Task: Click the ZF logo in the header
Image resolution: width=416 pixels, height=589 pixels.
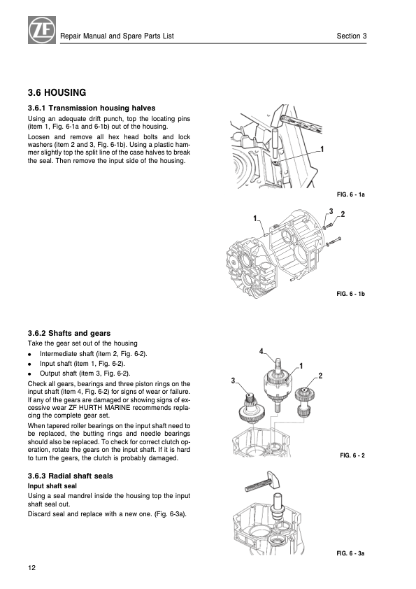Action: (42, 30)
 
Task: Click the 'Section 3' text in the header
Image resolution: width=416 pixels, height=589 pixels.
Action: (352, 36)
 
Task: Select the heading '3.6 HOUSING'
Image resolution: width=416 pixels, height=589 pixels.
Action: (57, 92)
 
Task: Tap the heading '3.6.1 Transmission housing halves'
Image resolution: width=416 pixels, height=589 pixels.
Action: (92, 108)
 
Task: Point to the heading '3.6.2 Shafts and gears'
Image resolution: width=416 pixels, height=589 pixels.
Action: (69, 333)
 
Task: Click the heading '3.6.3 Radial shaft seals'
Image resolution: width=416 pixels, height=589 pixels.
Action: (70, 476)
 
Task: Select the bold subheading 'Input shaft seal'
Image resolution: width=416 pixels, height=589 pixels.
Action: (52, 486)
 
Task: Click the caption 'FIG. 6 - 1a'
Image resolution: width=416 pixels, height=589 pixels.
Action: (351, 194)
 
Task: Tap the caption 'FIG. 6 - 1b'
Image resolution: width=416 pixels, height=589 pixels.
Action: (351, 294)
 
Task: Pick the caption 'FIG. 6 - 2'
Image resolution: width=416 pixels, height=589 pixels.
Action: (352, 455)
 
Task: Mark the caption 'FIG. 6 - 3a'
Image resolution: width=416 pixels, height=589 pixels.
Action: (351, 553)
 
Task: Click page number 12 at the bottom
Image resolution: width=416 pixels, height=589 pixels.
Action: (31, 567)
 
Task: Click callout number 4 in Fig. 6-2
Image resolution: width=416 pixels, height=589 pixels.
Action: (261, 351)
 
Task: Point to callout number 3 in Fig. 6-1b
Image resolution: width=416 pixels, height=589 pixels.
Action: (331, 211)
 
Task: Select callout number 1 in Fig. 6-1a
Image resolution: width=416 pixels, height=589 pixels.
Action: (322, 149)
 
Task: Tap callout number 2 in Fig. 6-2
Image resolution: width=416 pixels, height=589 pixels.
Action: (320, 376)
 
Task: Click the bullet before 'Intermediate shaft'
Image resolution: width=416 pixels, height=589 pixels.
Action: (29, 354)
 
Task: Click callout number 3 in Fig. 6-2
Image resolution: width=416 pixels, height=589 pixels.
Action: (233, 381)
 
